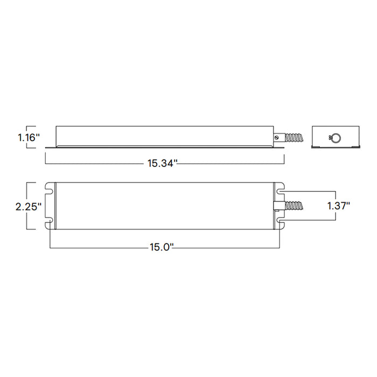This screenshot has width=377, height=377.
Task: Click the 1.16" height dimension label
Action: click(x=29, y=137)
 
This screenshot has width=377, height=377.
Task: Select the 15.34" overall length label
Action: click(x=162, y=164)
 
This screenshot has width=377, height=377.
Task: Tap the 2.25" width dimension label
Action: click(x=29, y=206)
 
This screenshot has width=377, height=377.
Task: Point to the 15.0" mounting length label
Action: click(x=162, y=247)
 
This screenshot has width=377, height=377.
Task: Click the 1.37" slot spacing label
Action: click(x=339, y=206)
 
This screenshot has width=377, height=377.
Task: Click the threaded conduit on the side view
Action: click(x=294, y=138)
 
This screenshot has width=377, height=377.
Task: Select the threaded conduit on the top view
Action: click(x=294, y=206)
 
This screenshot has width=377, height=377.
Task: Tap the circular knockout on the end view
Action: click(x=336, y=138)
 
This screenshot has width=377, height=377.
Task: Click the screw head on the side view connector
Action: click(x=277, y=137)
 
